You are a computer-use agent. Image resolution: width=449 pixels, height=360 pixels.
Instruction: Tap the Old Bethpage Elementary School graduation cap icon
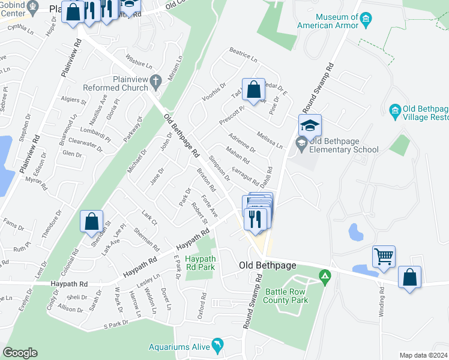point(310,125)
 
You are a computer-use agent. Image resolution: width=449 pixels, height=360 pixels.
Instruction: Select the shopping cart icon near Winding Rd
point(384,257)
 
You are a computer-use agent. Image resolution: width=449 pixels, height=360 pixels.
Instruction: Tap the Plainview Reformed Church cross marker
point(155,80)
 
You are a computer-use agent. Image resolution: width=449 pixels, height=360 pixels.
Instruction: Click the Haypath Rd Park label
point(200,262)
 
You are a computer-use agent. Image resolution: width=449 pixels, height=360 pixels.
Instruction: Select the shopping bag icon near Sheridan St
point(92,221)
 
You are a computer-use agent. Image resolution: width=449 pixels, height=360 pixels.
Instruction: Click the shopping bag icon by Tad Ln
point(254,90)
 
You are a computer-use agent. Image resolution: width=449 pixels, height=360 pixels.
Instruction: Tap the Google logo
point(20,353)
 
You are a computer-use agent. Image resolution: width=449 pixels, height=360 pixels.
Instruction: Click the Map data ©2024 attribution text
point(423,355)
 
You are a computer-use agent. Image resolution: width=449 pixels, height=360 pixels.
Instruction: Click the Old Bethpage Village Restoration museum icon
point(395,110)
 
